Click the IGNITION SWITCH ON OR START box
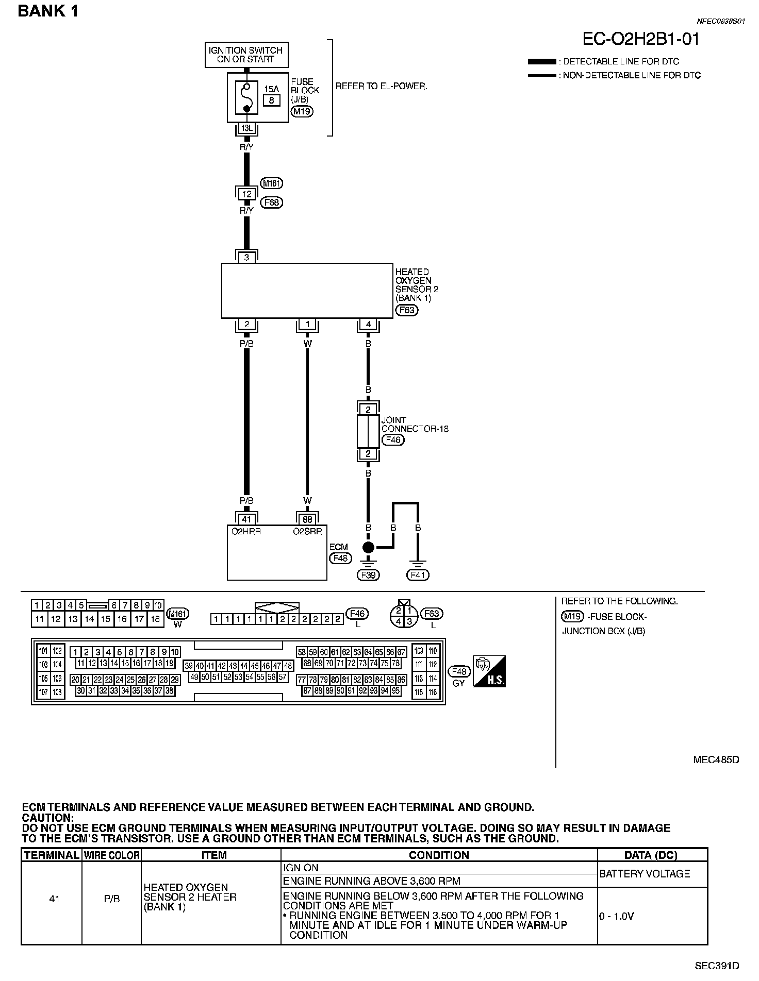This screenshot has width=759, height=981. pos(246,55)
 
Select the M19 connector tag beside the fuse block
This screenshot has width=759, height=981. pos(302,111)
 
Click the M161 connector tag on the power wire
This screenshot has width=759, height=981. pos(272,183)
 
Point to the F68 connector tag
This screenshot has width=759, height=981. pos(272,202)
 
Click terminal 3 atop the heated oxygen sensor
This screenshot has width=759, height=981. pos(247,257)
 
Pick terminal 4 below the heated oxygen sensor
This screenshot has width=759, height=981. pos(368,324)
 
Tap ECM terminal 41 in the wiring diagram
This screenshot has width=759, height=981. pos(247,519)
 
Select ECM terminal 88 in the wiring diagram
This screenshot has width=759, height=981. pos(308,519)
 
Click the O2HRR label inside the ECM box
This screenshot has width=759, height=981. pos(246,532)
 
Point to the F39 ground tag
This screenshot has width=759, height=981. pos(368,575)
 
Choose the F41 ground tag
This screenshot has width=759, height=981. pos(418,575)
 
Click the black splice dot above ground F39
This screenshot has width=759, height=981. pos(368,547)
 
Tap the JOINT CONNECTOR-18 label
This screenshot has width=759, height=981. pos(415,424)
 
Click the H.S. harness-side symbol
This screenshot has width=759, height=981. pos(489,671)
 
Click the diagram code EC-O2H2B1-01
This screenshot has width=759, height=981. pos(641,39)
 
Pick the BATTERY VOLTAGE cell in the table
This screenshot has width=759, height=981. pos(645,874)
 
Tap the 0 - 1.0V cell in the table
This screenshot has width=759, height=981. pos(617,916)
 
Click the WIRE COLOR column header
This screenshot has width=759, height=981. pos(111,855)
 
